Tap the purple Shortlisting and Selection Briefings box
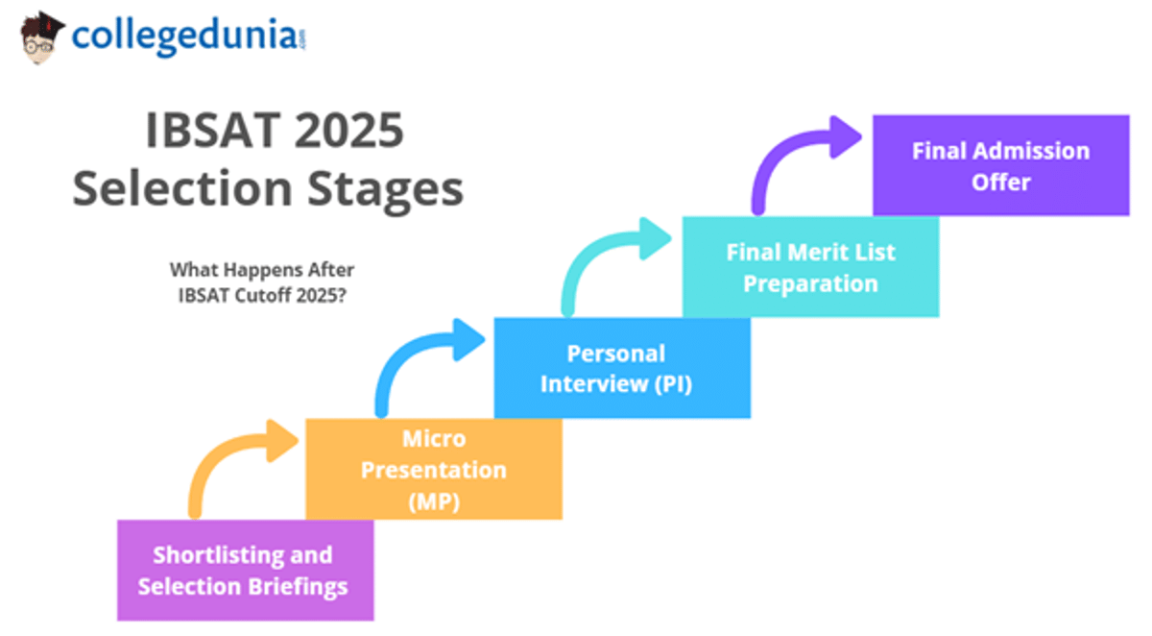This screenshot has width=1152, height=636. pos(244,570)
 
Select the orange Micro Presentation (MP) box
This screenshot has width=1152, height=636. pos(433,469)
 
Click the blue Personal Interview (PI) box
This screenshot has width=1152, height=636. pos(621,368)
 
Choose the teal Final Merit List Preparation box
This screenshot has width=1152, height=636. pos(810,267)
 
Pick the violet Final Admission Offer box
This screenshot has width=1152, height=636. pos(1000,165)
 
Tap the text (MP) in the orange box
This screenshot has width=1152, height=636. pos(434,501)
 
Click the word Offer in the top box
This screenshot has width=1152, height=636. pos(1000,182)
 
